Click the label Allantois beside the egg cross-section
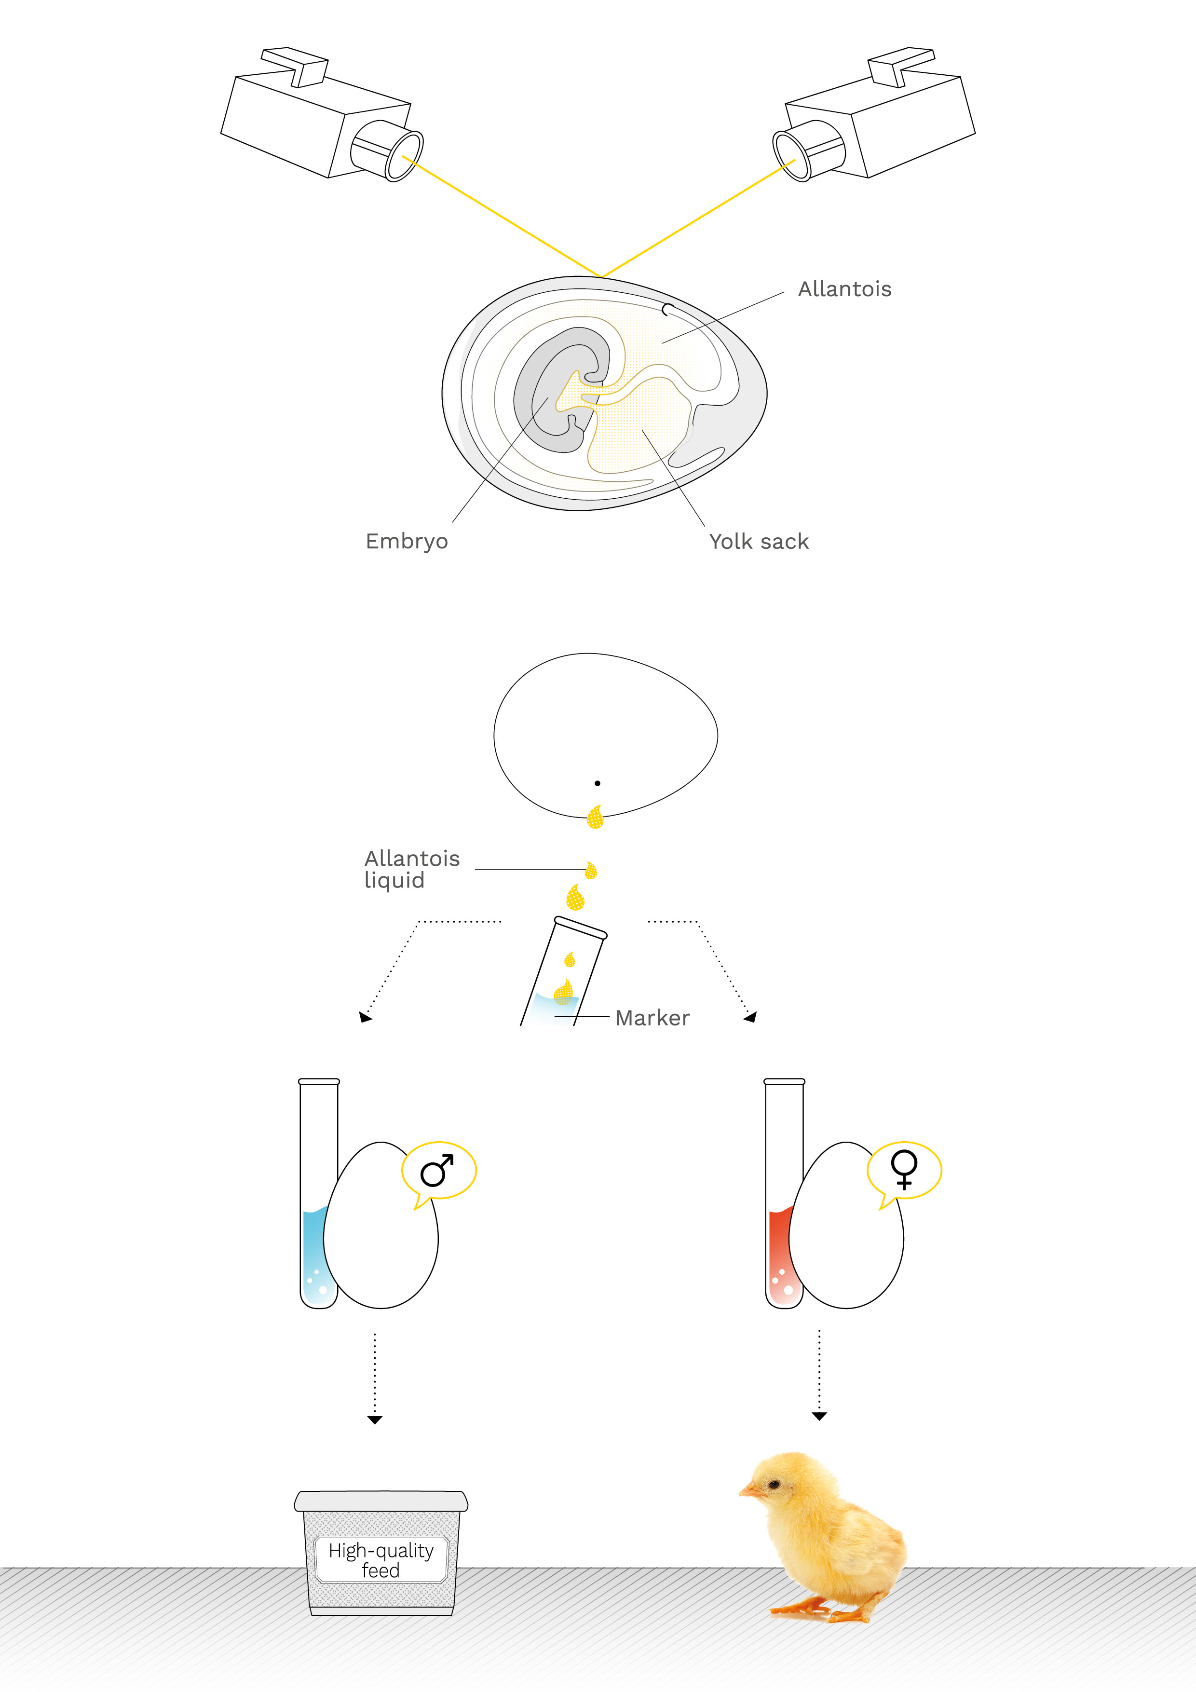(844, 289)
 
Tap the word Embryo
(407, 542)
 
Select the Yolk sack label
(759, 542)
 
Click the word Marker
(652, 1018)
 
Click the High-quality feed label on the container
(381, 1560)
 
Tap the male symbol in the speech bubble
(437, 1170)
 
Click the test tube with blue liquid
(318, 1194)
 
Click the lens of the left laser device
(405, 155)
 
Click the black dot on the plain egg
(597, 783)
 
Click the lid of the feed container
(381, 1501)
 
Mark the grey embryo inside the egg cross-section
(560, 391)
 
